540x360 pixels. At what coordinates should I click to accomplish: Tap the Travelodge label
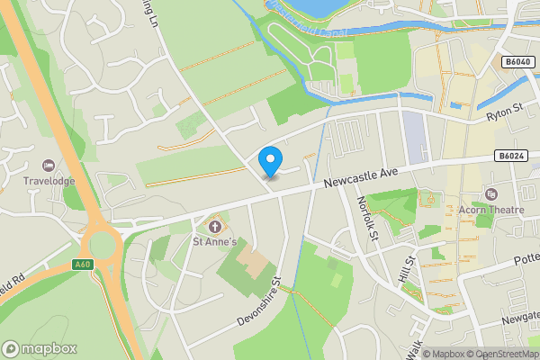click(48, 182)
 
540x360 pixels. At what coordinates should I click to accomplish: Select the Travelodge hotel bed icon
click(48, 166)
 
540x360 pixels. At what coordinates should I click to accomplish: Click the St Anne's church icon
click(214, 224)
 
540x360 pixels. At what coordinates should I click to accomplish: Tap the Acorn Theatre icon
click(490, 194)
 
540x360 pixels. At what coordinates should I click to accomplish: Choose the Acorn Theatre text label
click(491, 211)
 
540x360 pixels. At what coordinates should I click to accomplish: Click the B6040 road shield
click(517, 62)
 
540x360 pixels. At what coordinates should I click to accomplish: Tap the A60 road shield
click(83, 264)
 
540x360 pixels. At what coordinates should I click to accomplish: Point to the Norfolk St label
click(366, 220)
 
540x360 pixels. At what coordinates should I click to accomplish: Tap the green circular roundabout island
click(103, 245)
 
